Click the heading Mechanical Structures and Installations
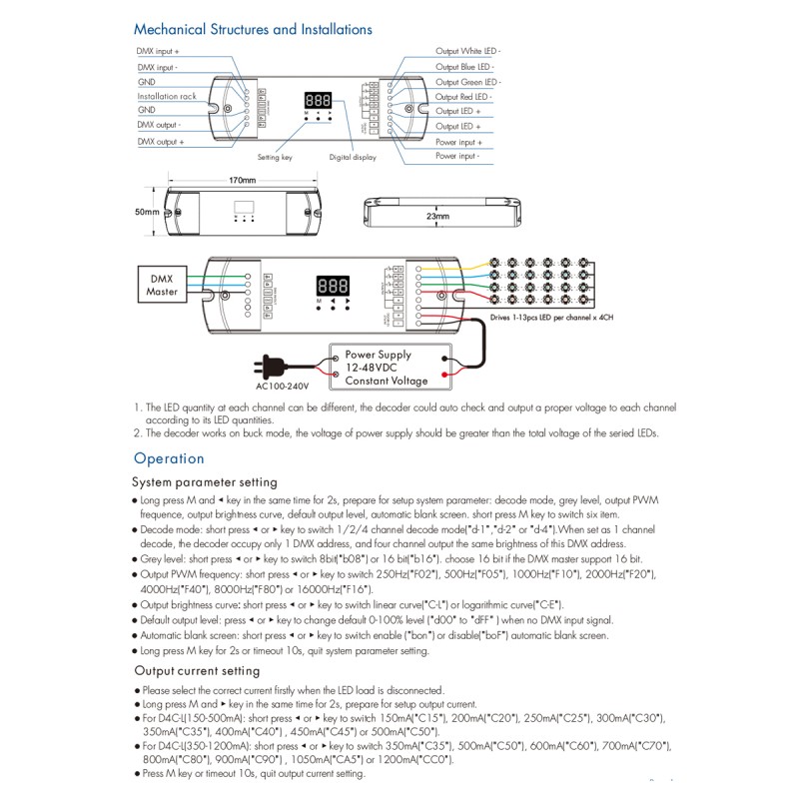[253, 30]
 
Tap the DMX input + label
[159, 50]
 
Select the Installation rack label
[167, 97]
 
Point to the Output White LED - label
[468, 50]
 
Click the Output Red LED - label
[462, 97]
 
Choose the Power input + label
[457, 142]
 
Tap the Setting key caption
[275, 158]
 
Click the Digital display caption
[353, 158]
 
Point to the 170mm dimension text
[243, 181]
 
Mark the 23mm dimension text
[437, 216]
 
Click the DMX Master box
[162, 286]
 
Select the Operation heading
[169, 458]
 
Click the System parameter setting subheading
[206, 481]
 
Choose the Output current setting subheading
[197, 671]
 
